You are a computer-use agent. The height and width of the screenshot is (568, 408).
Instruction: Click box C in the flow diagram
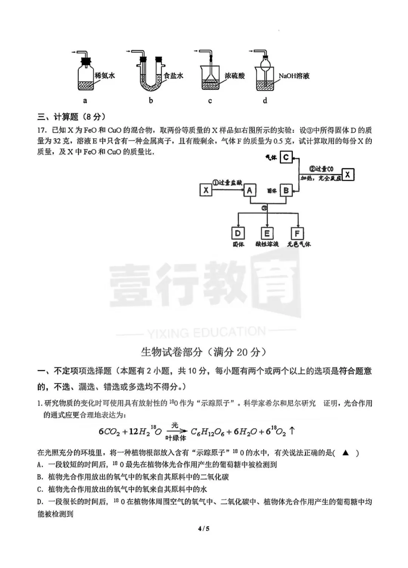coord(286,157)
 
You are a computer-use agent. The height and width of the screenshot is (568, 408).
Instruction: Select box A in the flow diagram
coord(249,191)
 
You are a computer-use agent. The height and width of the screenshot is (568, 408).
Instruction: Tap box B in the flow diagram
coord(286,191)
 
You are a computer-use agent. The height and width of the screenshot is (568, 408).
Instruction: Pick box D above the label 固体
coord(238,233)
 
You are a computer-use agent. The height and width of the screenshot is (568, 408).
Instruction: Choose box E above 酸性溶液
coord(267,233)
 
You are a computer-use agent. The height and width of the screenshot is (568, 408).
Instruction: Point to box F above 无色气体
coord(297,233)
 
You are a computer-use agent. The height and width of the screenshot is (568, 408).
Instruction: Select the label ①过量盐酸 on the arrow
coord(227,183)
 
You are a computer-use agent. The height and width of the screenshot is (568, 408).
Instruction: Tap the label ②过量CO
coord(321,169)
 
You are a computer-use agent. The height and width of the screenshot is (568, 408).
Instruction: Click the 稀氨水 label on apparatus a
coord(105,76)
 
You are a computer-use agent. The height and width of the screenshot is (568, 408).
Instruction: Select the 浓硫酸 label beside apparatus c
coord(235,76)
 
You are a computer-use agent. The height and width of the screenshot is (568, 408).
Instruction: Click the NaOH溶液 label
coord(294,76)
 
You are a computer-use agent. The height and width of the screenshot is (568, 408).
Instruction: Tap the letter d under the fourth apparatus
coord(265,100)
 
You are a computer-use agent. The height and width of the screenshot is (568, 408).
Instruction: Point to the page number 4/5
coord(204,529)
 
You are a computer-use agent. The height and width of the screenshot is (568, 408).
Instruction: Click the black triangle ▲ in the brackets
coord(346,453)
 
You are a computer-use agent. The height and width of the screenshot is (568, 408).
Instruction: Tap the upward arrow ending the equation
coord(292,431)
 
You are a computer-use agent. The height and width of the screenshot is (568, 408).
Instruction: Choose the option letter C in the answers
coord(40,489)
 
